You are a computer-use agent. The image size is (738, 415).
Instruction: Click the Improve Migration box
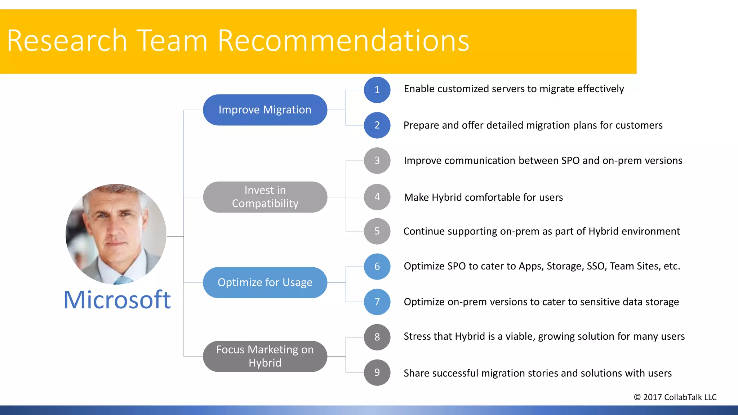point(265,110)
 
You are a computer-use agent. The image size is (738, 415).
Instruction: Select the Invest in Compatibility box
point(265,197)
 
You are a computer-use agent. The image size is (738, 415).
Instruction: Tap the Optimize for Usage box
point(265,282)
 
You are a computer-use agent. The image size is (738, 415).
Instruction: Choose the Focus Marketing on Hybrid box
point(265,356)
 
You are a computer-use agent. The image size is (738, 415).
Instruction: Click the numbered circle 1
point(377,90)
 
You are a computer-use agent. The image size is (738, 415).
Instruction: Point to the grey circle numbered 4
point(377,197)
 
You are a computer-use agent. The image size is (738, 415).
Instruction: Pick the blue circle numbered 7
point(377,302)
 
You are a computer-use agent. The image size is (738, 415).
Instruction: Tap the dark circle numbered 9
point(377,372)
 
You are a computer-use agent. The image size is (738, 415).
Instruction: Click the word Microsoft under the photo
point(117,300)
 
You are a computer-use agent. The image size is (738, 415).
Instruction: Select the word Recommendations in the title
point(343,40)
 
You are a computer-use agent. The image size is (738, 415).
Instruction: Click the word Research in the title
point(67,40)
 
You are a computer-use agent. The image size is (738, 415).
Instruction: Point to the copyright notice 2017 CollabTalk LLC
point(675,397)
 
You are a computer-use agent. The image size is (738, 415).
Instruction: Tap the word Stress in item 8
point(417,336)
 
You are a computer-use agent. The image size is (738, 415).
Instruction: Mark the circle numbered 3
point(377,161)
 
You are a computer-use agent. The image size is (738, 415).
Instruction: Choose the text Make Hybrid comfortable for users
point(483,197)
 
